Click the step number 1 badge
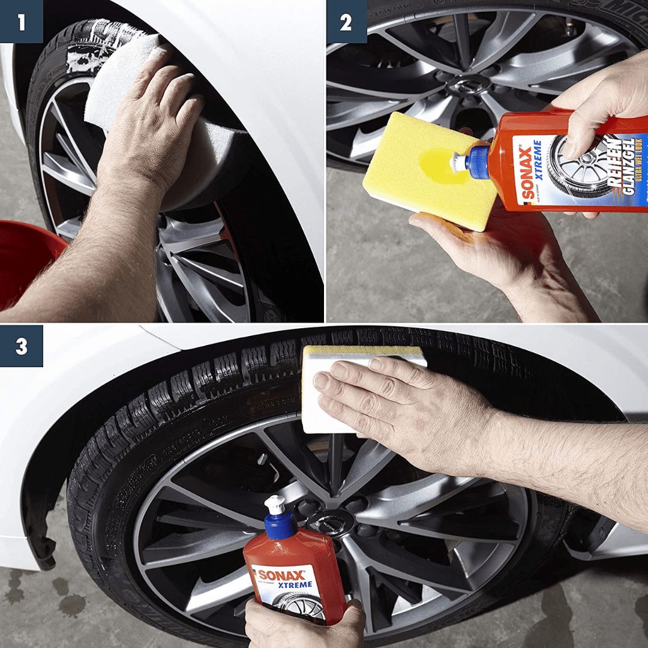[x=21, y=22]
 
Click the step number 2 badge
[x=346, y=22]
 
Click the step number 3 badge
[x=21, y=346]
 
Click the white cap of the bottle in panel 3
[x=275, y=506]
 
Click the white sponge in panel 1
[x=120, y=78]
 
